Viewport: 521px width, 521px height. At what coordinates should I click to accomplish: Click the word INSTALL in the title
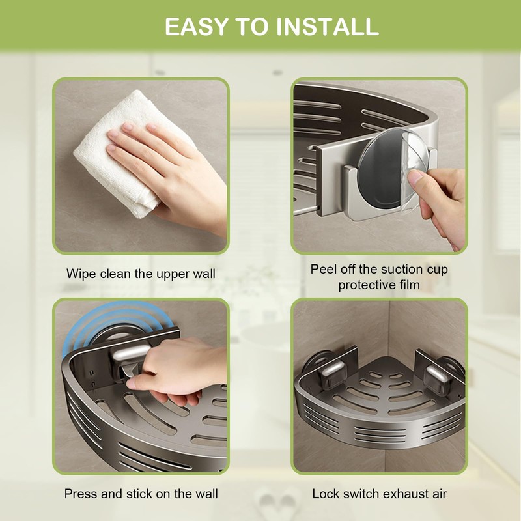[x=328, y=26]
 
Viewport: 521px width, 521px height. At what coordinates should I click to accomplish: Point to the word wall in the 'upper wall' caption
[x=202, y=274]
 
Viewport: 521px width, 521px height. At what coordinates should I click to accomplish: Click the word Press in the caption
[x=80, y=494]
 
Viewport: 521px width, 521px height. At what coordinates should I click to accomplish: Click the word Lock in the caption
[x=326, y=494]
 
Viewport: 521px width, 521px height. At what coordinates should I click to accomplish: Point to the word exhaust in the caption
[x=407, y=494]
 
